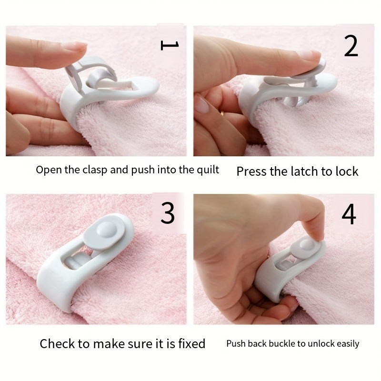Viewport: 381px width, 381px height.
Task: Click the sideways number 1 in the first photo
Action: [170, 45]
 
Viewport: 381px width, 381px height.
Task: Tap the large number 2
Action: [351, 46]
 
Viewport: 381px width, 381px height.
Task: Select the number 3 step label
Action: [168, 213]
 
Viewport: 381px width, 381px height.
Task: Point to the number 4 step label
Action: [349, 214]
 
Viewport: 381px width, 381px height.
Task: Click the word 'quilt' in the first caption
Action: [208, 170]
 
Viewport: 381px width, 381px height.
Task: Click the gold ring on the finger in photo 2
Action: [222, 112]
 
